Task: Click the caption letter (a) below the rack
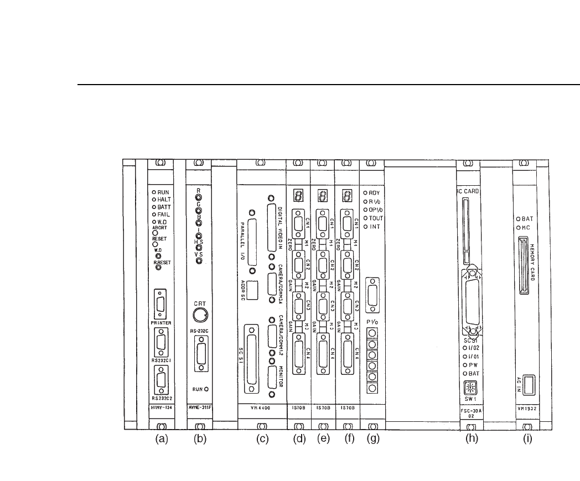point(161,440)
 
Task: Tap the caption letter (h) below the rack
point(470,440)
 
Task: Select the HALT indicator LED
point(154,200)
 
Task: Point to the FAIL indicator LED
point(154,214)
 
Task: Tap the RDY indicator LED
point(366,192)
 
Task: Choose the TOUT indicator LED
point(366,218)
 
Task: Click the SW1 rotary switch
point(468,388)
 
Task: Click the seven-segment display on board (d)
point(298,196)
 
